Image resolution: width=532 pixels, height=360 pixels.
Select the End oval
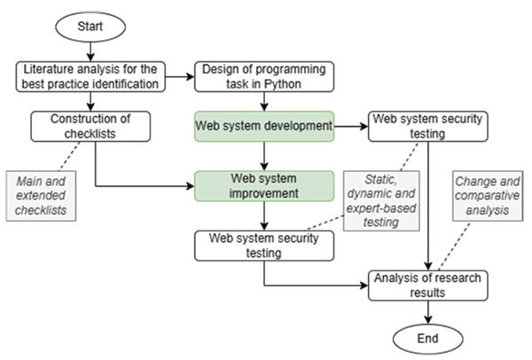pyautogui.click(x=429, y=338)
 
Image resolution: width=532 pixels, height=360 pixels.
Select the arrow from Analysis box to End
pyautogui.click(x=429, y=312)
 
